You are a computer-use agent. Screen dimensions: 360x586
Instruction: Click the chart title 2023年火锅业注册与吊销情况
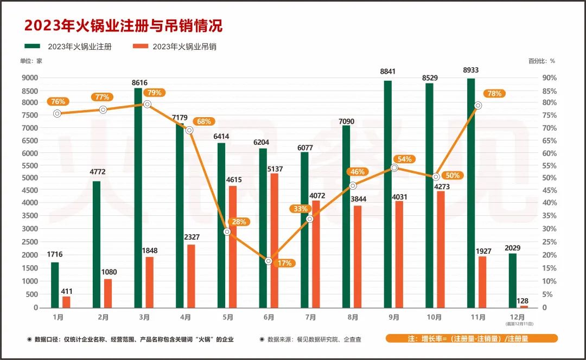(x=124, y=25)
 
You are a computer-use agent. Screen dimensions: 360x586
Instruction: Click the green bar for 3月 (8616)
(x=138, y=197)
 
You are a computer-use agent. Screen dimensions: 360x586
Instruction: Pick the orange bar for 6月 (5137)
(x=274, y=240)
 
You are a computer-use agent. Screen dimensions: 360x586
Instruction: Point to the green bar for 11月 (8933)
(x=471, y=193)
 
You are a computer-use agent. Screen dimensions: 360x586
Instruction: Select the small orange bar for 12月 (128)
(x=524, y=306)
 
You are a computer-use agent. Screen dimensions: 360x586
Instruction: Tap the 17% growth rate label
(x=284, y=263)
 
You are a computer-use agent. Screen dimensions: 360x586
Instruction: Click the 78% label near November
(x=494, y=93)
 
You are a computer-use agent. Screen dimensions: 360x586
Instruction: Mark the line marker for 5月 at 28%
(x=227, y=232)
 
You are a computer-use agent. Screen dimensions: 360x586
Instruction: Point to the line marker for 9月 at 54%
(x=394, y=168)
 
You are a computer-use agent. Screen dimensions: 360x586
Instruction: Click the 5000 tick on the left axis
(x=30, y=178)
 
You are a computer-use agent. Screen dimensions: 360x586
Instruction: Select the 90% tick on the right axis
(x=549, y=78)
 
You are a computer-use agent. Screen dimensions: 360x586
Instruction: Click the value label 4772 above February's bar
(x=98, y=172)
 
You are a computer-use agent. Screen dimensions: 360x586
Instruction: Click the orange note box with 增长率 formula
(x=472, y=338)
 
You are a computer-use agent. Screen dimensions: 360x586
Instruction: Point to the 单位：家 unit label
(x=31, y=61)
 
